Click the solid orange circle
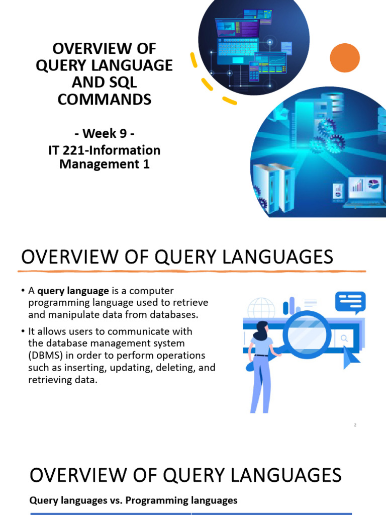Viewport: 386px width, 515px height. click(x=345, y=57)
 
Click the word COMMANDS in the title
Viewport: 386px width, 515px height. click(x=104, y=99)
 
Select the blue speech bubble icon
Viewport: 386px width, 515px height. click(x=351, y=303)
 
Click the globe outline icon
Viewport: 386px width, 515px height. click(x=261, y=308)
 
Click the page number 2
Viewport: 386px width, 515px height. click(x=355, y=425)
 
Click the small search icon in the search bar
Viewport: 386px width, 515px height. click(x=345, y=339)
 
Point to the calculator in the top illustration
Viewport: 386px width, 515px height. click(x=254, y=73)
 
